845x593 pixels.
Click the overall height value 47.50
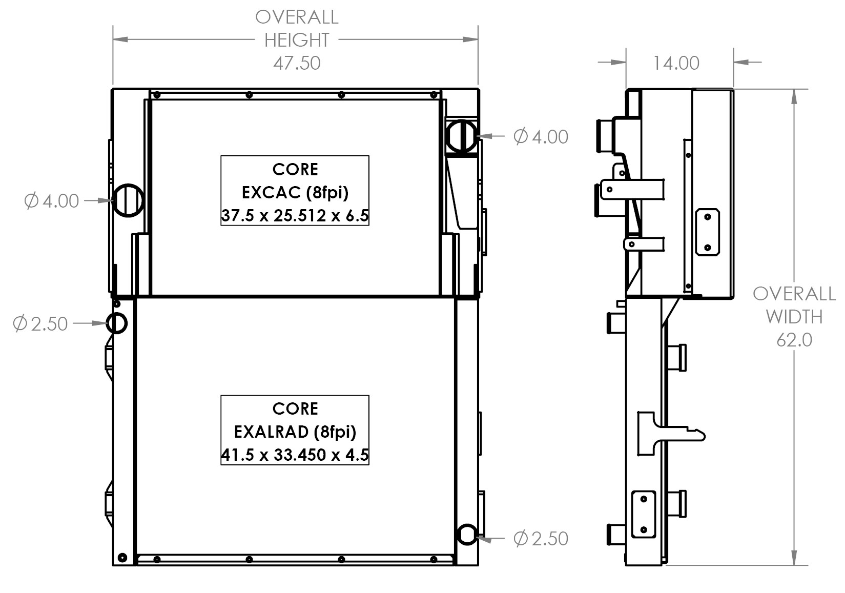point(297,63)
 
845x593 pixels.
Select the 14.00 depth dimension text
point(676,63)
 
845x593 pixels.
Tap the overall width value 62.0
point(794,340)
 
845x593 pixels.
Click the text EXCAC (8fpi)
point(295,192)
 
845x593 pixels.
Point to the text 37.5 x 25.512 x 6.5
point(295,216)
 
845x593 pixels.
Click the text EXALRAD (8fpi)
point(295,432)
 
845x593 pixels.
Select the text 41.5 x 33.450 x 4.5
point(295,455)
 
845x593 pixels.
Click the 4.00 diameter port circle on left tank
point(128,200)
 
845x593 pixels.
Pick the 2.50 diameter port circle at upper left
point(116,323)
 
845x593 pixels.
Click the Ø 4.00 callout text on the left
point(52,201)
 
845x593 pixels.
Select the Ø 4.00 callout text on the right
point(541,137)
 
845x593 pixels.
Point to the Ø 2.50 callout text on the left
point(40,324)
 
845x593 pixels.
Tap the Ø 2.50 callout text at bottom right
point(541,539)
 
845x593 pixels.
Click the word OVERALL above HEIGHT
point(297,17)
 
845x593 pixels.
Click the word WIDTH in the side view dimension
point(794,317)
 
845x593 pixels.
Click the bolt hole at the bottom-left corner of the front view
point(122,557)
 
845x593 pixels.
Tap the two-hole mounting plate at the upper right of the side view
point(708,232)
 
